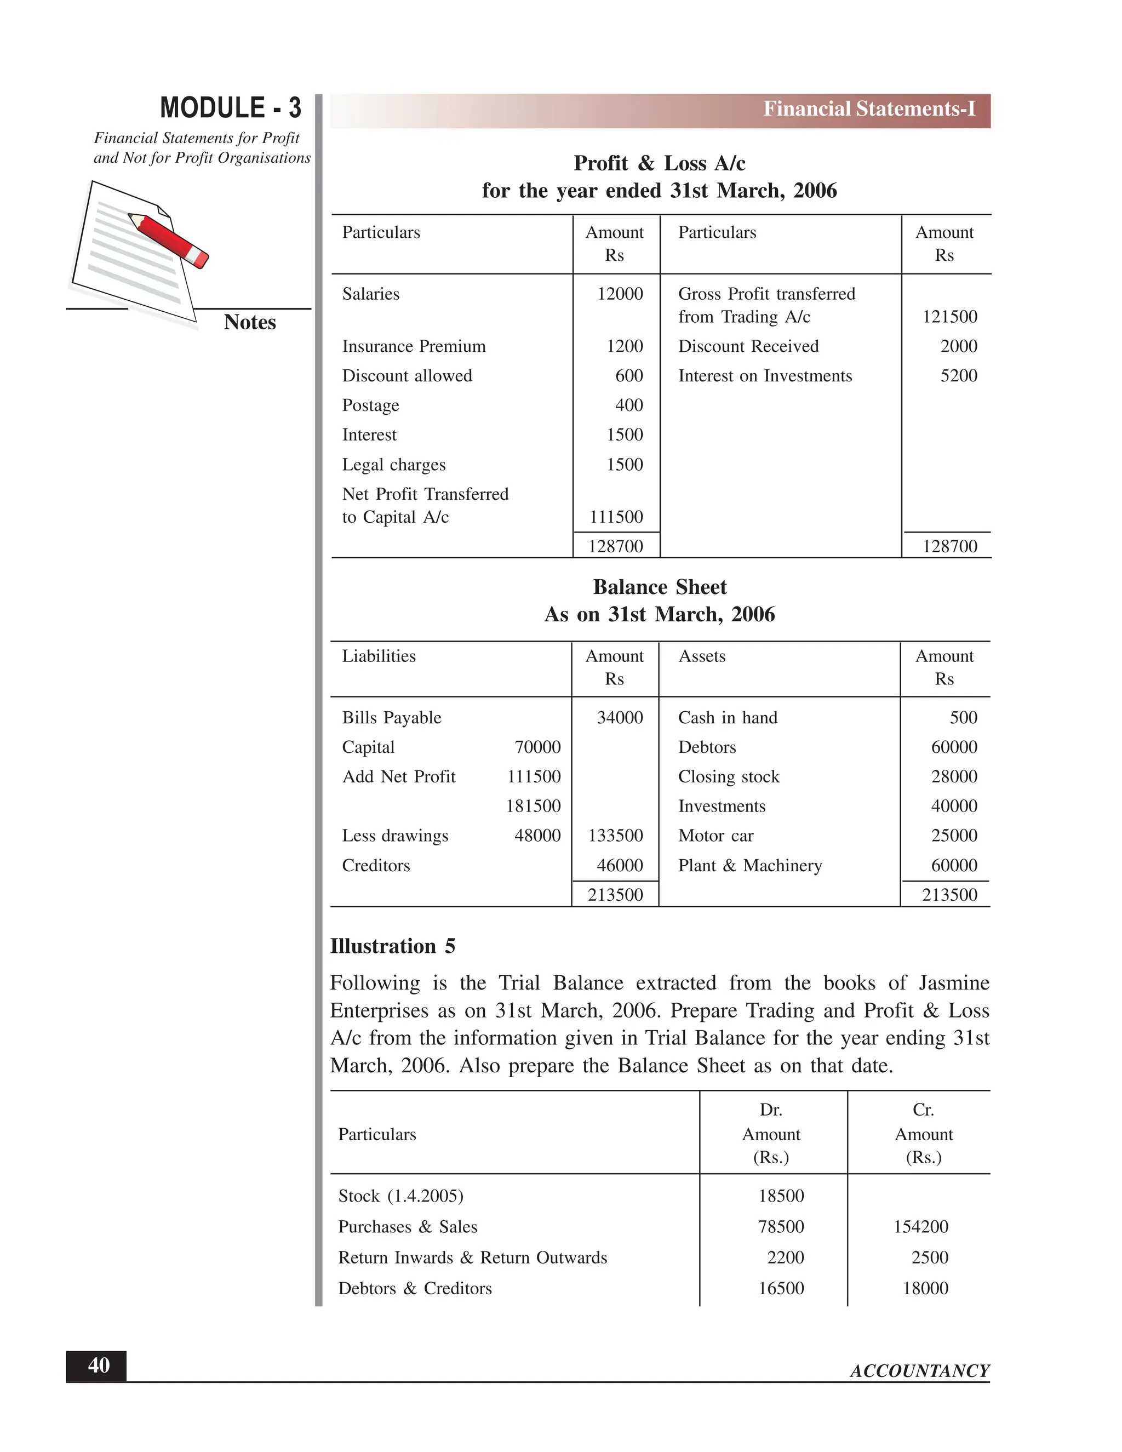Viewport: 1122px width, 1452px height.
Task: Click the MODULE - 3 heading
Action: pos(230,108)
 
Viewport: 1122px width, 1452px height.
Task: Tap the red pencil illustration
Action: pos(169,240)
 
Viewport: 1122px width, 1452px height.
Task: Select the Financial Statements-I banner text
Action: pos(869,109)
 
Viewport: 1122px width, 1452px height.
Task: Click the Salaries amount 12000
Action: pos(620,294)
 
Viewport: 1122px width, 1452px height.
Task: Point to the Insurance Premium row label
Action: pos(414,346)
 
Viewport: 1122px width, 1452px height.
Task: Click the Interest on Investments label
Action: pos(764,376)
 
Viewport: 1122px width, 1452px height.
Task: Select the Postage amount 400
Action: pos(628,405)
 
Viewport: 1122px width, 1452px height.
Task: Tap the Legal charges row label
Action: pos(393,465)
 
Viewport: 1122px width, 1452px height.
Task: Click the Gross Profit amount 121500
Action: pos(949,317)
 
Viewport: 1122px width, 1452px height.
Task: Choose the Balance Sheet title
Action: pos(660,587)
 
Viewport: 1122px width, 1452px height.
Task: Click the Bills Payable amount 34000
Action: pos(620,718)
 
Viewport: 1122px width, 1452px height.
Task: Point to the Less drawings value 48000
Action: pos(537,836)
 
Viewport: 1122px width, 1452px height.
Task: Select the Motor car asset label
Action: pos(715,836)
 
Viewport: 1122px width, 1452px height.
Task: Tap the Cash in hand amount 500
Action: pos(963,718)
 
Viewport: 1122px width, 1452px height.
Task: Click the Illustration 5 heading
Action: pos(392,946)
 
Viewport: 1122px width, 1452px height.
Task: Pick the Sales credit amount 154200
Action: pos(920,1227)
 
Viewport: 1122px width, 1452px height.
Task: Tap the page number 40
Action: pos(99,1365)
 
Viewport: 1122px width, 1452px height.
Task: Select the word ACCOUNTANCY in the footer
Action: pos(919,1371)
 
